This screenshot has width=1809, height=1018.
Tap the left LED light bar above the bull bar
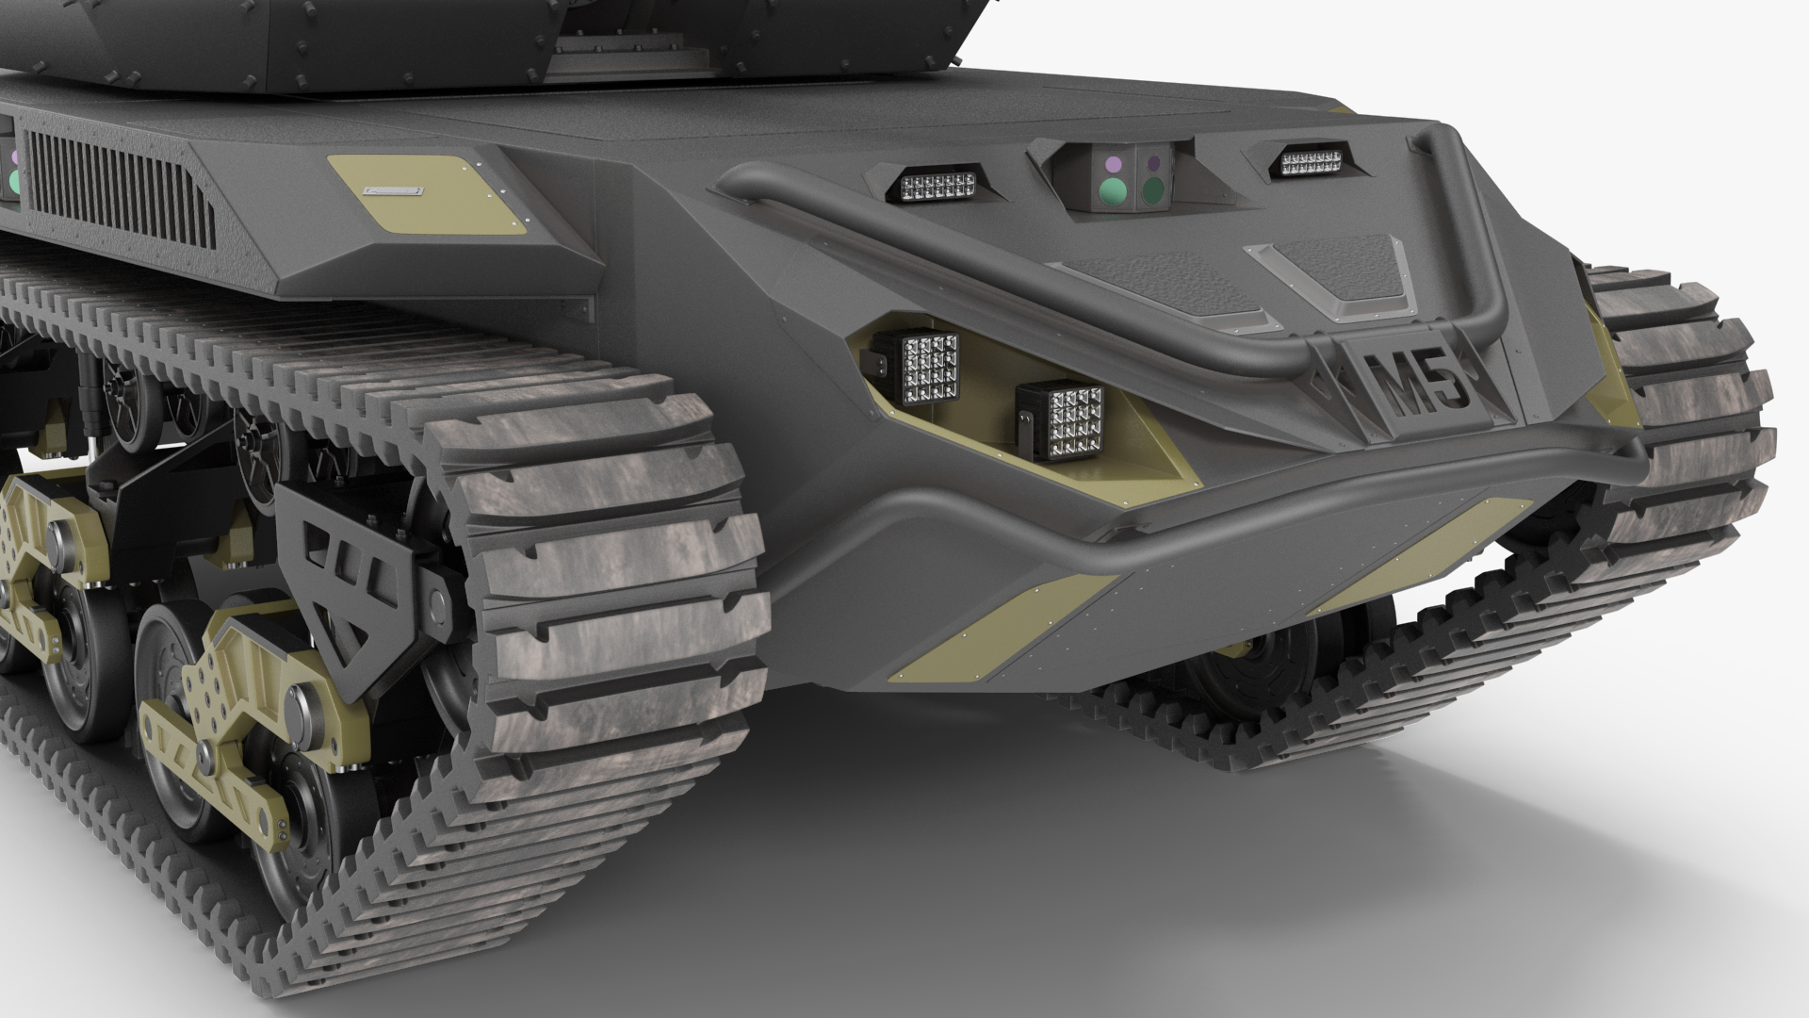pos(938,185)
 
